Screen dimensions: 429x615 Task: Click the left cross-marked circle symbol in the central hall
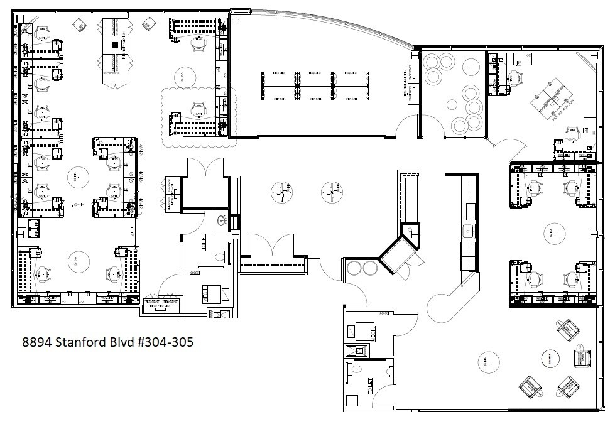(281, 192)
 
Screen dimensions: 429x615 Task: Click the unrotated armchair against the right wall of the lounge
(582, 358)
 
